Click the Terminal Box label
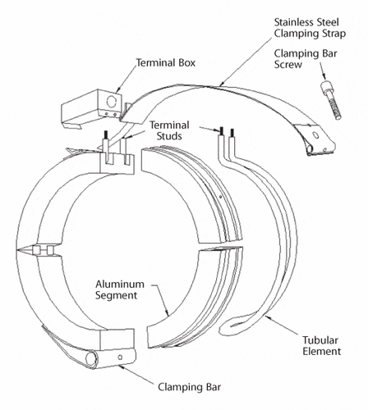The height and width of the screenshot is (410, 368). (166, 63)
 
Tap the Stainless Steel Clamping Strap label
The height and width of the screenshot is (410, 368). (310, 28)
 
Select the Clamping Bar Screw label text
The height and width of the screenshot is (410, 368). (306, 59)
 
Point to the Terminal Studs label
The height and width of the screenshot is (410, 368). (169, 130)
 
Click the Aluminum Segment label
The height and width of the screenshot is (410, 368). (120, 289)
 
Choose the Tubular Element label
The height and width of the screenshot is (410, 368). (321, 346)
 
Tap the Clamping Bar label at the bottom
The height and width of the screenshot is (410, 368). (190, 387)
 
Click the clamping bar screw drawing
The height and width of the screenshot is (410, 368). (331, 100)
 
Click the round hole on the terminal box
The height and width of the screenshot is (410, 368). (111, 102)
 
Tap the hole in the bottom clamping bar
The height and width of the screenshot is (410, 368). (120, 357)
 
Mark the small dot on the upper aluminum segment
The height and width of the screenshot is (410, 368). (220, 196)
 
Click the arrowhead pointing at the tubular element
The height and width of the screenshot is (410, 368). (267, 317)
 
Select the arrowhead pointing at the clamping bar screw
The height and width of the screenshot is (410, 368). (324, 76)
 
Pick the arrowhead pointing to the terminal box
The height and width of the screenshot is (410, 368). (118, 89)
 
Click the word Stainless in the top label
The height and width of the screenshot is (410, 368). (293, 22)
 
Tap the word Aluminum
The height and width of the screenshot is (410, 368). (120, 285)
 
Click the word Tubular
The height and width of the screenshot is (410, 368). (320, 340)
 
